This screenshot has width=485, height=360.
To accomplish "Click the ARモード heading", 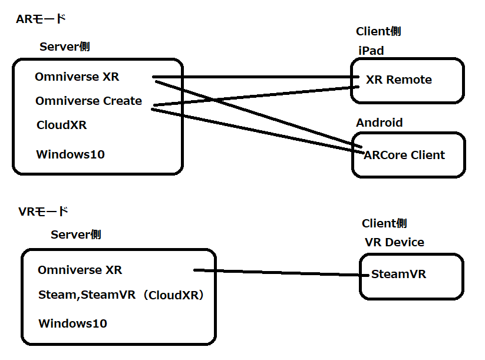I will (x=41, y=19).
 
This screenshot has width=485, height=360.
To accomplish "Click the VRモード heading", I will (x=43, y=212).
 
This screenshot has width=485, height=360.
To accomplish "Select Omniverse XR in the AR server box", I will (x=77, y=77).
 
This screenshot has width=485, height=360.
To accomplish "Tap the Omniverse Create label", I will (x=88, y=101).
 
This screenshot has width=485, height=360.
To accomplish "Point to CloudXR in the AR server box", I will (x=61, y=125).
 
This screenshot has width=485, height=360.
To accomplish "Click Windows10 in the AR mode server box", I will (x=70, y=154).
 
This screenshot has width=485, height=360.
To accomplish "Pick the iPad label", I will (x=371, y=51).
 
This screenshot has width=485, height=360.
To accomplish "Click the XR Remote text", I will (x=398, y=80).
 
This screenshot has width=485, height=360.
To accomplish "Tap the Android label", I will (x=379, y=123).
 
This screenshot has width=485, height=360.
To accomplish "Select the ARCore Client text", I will (x=404, y=156).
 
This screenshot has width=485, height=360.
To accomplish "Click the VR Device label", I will (x=394, y=242).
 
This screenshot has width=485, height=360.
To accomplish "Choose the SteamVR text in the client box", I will (x=398, y=274).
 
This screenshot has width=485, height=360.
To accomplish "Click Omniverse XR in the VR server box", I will (x=80, y=270).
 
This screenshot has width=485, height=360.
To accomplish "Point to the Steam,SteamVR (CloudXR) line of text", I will (x=121, y=295).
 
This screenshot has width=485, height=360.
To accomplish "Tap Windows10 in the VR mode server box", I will (x=72, y=323).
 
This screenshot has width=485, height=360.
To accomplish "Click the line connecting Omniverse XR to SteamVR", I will (x=277, y=272).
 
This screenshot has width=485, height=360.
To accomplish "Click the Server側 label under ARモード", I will (x=64, y=47).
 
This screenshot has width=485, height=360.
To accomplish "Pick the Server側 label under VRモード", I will (x=75, y=235).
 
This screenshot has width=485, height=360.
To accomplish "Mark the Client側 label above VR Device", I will (x=384, y=223).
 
